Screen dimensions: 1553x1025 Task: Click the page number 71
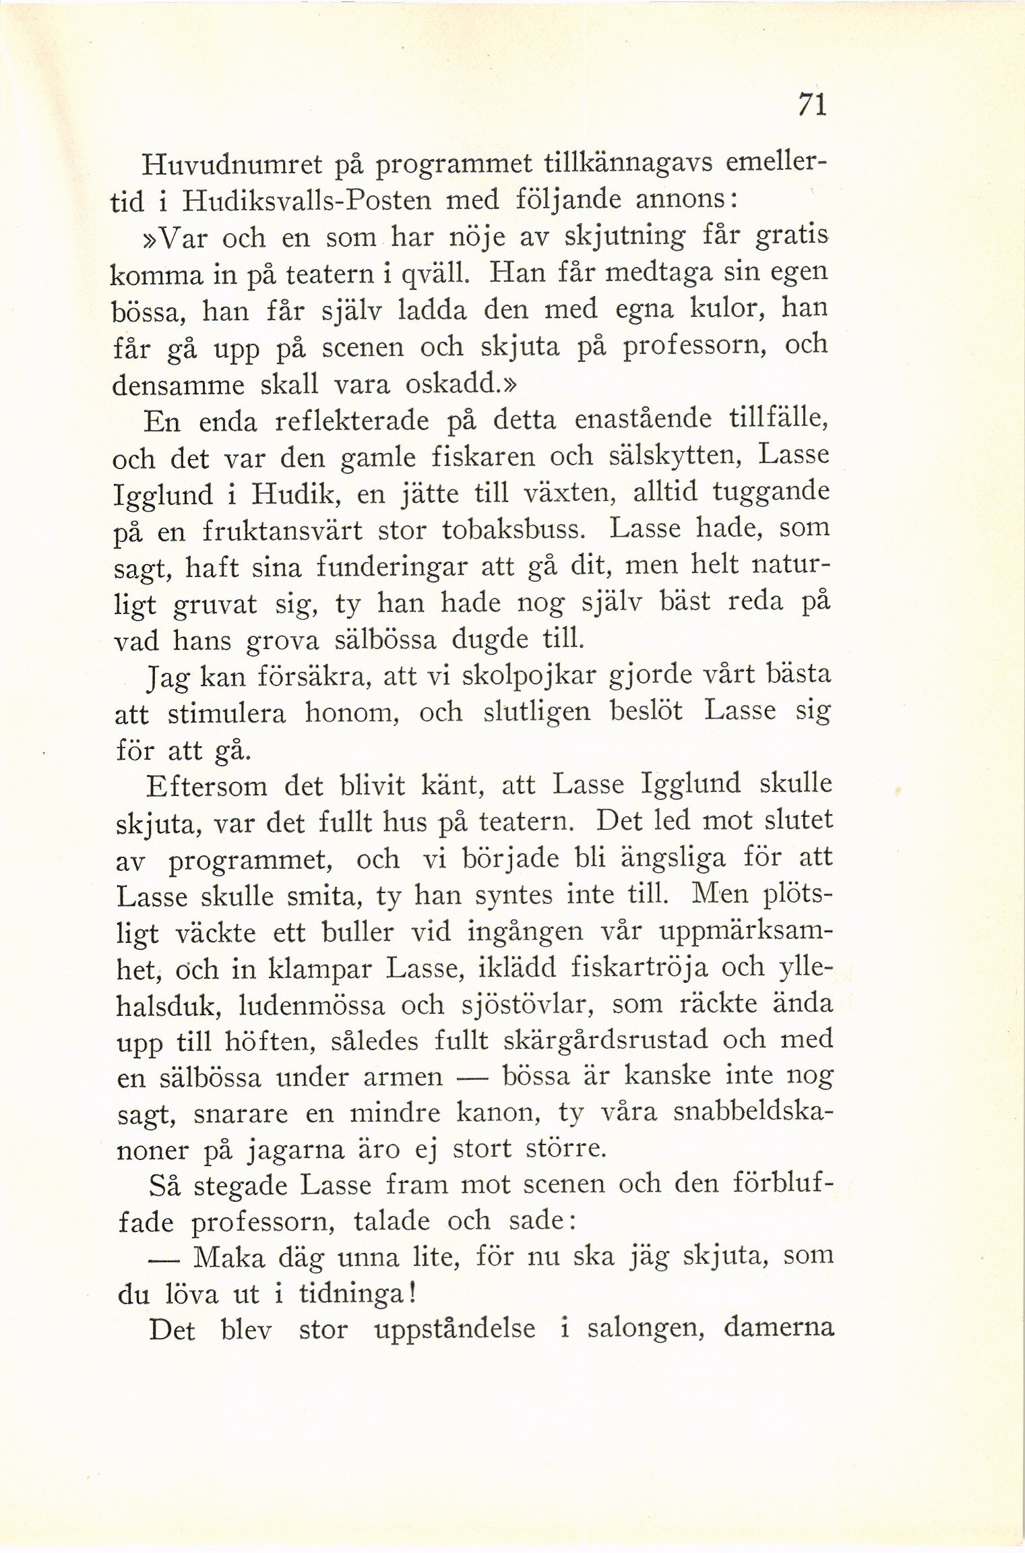click(811, 105)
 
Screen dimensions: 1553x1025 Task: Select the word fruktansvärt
click(282, 531)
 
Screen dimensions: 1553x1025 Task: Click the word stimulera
click(227, 712)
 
